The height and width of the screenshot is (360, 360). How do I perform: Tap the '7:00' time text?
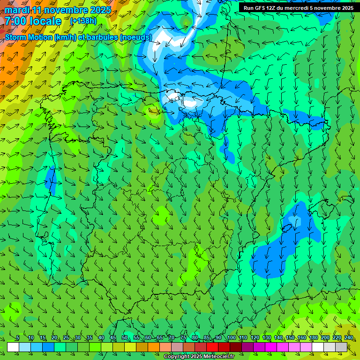coord(15,21)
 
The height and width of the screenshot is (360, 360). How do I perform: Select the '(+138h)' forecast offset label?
coord(83,21)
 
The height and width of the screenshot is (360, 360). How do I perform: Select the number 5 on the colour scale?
coord(18,338)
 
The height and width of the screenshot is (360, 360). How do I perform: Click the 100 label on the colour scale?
coord(232,338)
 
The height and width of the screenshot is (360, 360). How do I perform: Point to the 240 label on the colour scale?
coord(349,338)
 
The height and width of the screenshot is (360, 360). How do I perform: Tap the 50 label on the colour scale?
coord(125,338)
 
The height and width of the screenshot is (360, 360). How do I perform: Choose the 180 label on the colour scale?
coord(314,338)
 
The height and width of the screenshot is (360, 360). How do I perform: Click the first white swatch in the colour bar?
coord(13,347)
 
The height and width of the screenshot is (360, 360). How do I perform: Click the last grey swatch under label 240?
coord(341,347)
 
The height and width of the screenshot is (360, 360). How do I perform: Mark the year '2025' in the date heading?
coord(100,10)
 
